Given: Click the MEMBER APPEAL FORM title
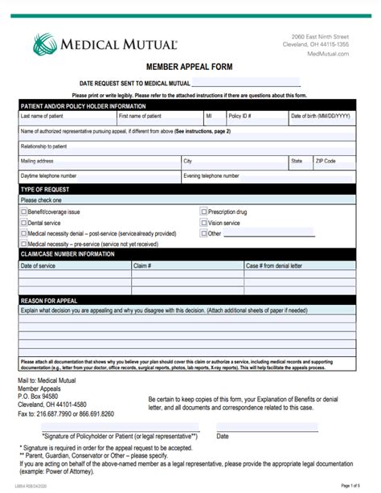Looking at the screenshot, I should click(190, 69).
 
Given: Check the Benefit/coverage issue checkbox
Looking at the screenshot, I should click(23, 212).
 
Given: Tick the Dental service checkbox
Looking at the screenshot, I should click(23, 223).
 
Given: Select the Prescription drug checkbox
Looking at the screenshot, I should click(203, 212).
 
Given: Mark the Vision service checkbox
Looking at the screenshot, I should click(203, 223).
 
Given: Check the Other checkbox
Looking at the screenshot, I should click(203, 233).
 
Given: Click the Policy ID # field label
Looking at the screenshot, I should click(241, 116).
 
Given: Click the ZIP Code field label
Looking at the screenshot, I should click(326, 161).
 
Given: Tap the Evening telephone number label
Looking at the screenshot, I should click(211, 175).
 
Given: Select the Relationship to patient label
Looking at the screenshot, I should click(46, 146).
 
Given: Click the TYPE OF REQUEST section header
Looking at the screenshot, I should click(47, 189).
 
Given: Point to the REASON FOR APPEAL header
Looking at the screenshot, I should click(51, 299).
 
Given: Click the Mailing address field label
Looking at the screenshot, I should click(37, 161).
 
